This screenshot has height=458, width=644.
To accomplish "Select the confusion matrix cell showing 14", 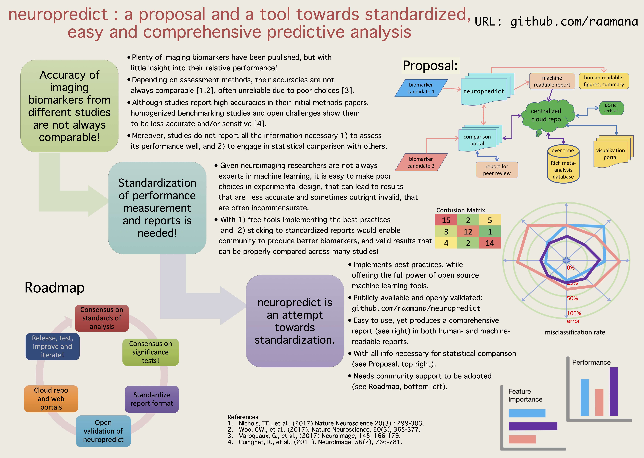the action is (490, 243).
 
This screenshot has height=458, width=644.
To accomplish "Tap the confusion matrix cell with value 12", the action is (468, 232).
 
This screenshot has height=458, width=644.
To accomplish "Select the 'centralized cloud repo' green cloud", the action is (546, 115).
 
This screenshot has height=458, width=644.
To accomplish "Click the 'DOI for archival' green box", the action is (611, 108).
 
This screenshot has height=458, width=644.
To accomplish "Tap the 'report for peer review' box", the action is (497, 170).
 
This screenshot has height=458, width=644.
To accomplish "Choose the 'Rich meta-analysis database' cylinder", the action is (563, 166).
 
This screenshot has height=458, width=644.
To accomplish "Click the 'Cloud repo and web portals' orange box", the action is (51, 398).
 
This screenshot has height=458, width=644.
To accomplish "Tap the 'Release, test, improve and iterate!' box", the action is (52, 346).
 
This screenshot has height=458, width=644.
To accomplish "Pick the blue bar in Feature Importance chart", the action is (527, 413).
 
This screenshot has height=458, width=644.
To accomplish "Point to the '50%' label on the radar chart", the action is (572, 298).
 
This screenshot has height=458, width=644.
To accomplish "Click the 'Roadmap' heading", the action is (55, 288).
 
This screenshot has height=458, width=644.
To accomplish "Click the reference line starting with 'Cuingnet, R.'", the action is (320, 442).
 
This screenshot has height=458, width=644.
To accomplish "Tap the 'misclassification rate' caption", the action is (575, 332).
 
